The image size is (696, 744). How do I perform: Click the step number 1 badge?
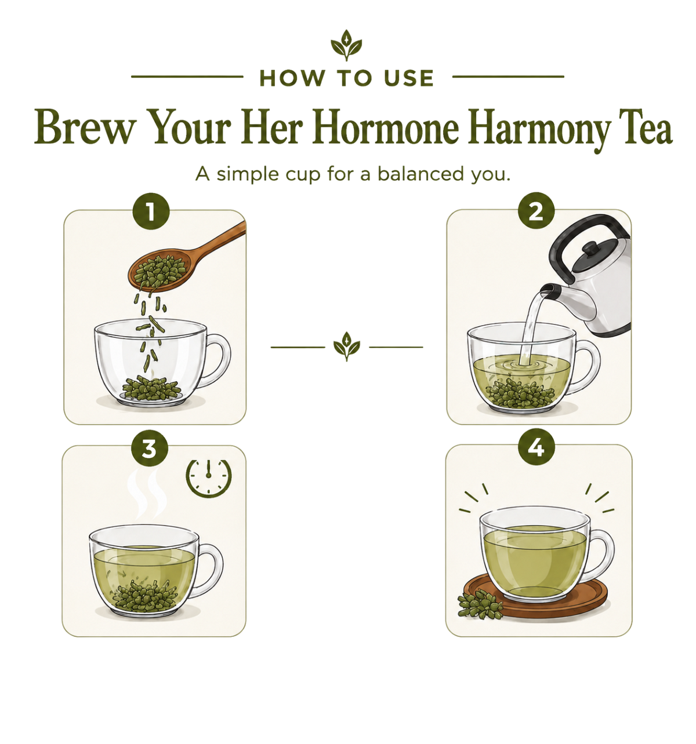click(x=151, y=211)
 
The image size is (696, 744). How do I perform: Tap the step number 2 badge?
click(x=536, y=211)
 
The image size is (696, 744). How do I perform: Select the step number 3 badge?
click(x=150, y=448)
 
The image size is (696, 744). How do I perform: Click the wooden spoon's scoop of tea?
click(x=159, y=272)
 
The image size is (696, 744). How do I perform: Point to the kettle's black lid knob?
click(x=591, y=247)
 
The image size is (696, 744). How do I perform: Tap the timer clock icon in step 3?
click(x=209, y=477)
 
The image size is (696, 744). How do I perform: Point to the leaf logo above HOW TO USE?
click(x=346, y=45)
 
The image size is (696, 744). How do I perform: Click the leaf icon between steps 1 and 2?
click(x=347, y=346)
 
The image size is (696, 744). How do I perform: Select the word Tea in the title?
click(x=646, y=126)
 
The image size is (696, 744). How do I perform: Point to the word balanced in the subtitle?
click(x=420, y=174)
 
